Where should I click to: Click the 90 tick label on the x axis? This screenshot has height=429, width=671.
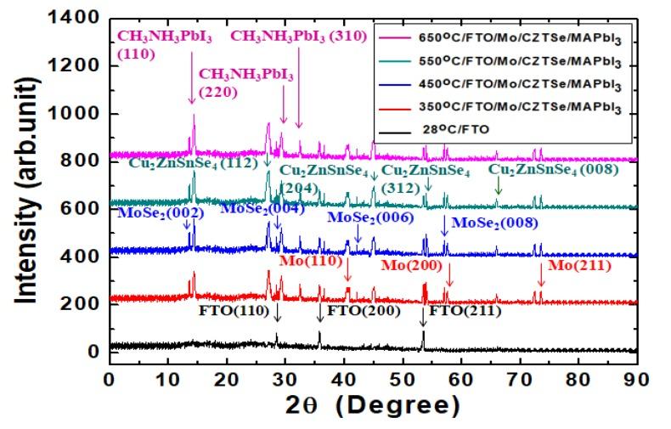pos(636,376)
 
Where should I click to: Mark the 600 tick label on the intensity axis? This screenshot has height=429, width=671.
pos(84,209)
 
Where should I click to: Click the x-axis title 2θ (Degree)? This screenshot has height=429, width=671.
pos(373,407)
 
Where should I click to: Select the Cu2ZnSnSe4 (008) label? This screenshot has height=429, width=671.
pos(554,169)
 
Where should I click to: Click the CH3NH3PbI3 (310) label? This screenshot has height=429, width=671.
pos(297,36)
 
